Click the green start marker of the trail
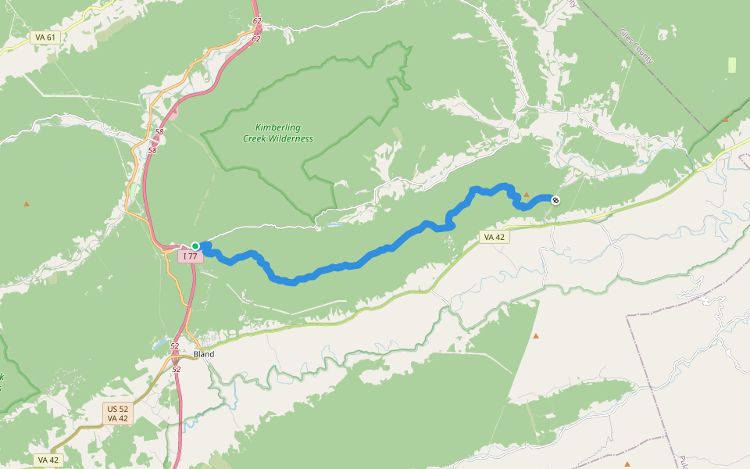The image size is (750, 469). click(x=195, y=246)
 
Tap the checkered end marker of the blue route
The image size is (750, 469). click(x=555, y=201)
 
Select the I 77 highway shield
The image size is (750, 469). click(x=190, y=256)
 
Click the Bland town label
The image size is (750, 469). click(x=204, y=354)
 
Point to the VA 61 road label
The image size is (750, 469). click(x=45, y=38)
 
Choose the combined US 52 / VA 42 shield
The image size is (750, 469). click(x=117, y=414)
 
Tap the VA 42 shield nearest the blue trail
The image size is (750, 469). click(x=495, y=237)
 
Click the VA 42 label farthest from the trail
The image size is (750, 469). click(x=48, y=460)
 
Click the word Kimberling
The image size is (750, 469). click(x=277, y=128)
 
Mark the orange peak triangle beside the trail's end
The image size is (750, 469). click(x=526, y=195)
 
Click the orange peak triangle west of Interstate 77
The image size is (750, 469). click(x=27, y=204)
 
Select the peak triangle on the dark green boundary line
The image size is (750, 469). click(x=726, y=119)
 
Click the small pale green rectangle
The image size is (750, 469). click(x=731, y=65)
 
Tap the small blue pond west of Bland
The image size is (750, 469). click(x=161, y=344)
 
